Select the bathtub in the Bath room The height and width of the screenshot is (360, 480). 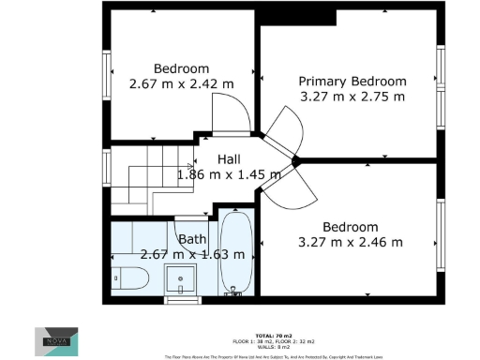pyautogui.click(x=233, y=253)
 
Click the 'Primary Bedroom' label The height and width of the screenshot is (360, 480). pyautogui.click(x=352, y=81)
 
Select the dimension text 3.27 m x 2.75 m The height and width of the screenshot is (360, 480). pyautogui.click(x=352, y=96)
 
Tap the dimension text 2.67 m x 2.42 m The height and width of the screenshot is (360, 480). pyautogui.click(x=181, y=83)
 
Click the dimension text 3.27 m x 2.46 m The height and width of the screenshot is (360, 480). pyautogui.click(x=350, y=242)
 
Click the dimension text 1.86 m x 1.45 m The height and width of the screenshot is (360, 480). pyautogui.click(x=229, y=174)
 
